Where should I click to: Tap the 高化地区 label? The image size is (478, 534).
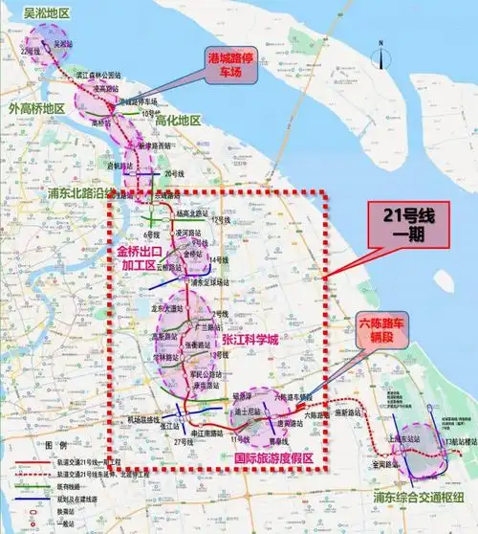[x=175, y=121]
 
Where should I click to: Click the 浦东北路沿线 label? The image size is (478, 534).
[x=81, y=192]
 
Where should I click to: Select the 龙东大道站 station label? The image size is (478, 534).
[x=166, y=309]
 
